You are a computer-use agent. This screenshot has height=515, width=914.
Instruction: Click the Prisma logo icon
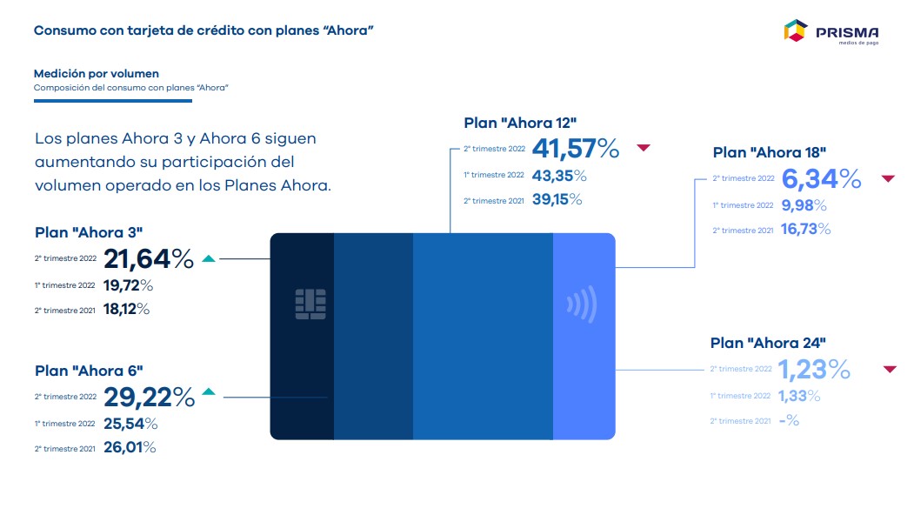click(x=796, y=31)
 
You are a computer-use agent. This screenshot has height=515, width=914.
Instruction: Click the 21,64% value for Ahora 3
click(x=149, y=258)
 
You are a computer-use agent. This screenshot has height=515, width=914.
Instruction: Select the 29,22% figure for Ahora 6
click(x=150, y=397)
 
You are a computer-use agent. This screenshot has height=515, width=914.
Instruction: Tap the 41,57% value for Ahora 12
click(x=575, y=149)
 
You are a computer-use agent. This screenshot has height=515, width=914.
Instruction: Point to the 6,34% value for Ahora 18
click(x=821, y=178)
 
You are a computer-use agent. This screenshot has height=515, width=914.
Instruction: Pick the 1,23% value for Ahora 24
click(x=813, y=369)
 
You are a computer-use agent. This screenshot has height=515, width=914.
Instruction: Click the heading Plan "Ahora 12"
click(x=521, y=123)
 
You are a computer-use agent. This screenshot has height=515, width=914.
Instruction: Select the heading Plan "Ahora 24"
click(x=768, y=343)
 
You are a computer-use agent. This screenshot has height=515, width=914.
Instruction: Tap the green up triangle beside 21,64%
click(x=208, y=258)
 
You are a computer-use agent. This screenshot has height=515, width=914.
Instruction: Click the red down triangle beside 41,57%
click(x=644, y=148)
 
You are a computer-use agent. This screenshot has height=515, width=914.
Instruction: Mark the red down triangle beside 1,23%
click(x=890, y=369)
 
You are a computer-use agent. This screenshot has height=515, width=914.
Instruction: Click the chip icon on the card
click(x=310, y=303)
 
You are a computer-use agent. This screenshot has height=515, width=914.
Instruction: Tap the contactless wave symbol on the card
click(x=582, y=304)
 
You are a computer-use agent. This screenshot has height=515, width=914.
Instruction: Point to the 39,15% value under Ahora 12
click(x=557, y=199)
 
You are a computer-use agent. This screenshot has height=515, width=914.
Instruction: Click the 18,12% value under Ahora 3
click(x=127, y=309)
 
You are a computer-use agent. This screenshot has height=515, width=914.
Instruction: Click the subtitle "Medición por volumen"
click(x=97, y=74)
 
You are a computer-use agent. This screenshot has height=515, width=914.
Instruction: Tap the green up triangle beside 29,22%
click(x=208, y=392)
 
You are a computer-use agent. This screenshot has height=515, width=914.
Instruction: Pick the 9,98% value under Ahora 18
click(x=804, y=204)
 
